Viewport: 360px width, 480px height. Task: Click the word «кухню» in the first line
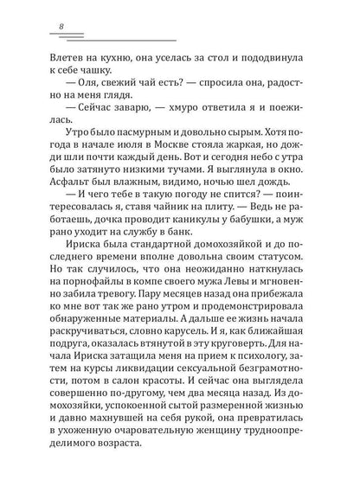tap(102, 58)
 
